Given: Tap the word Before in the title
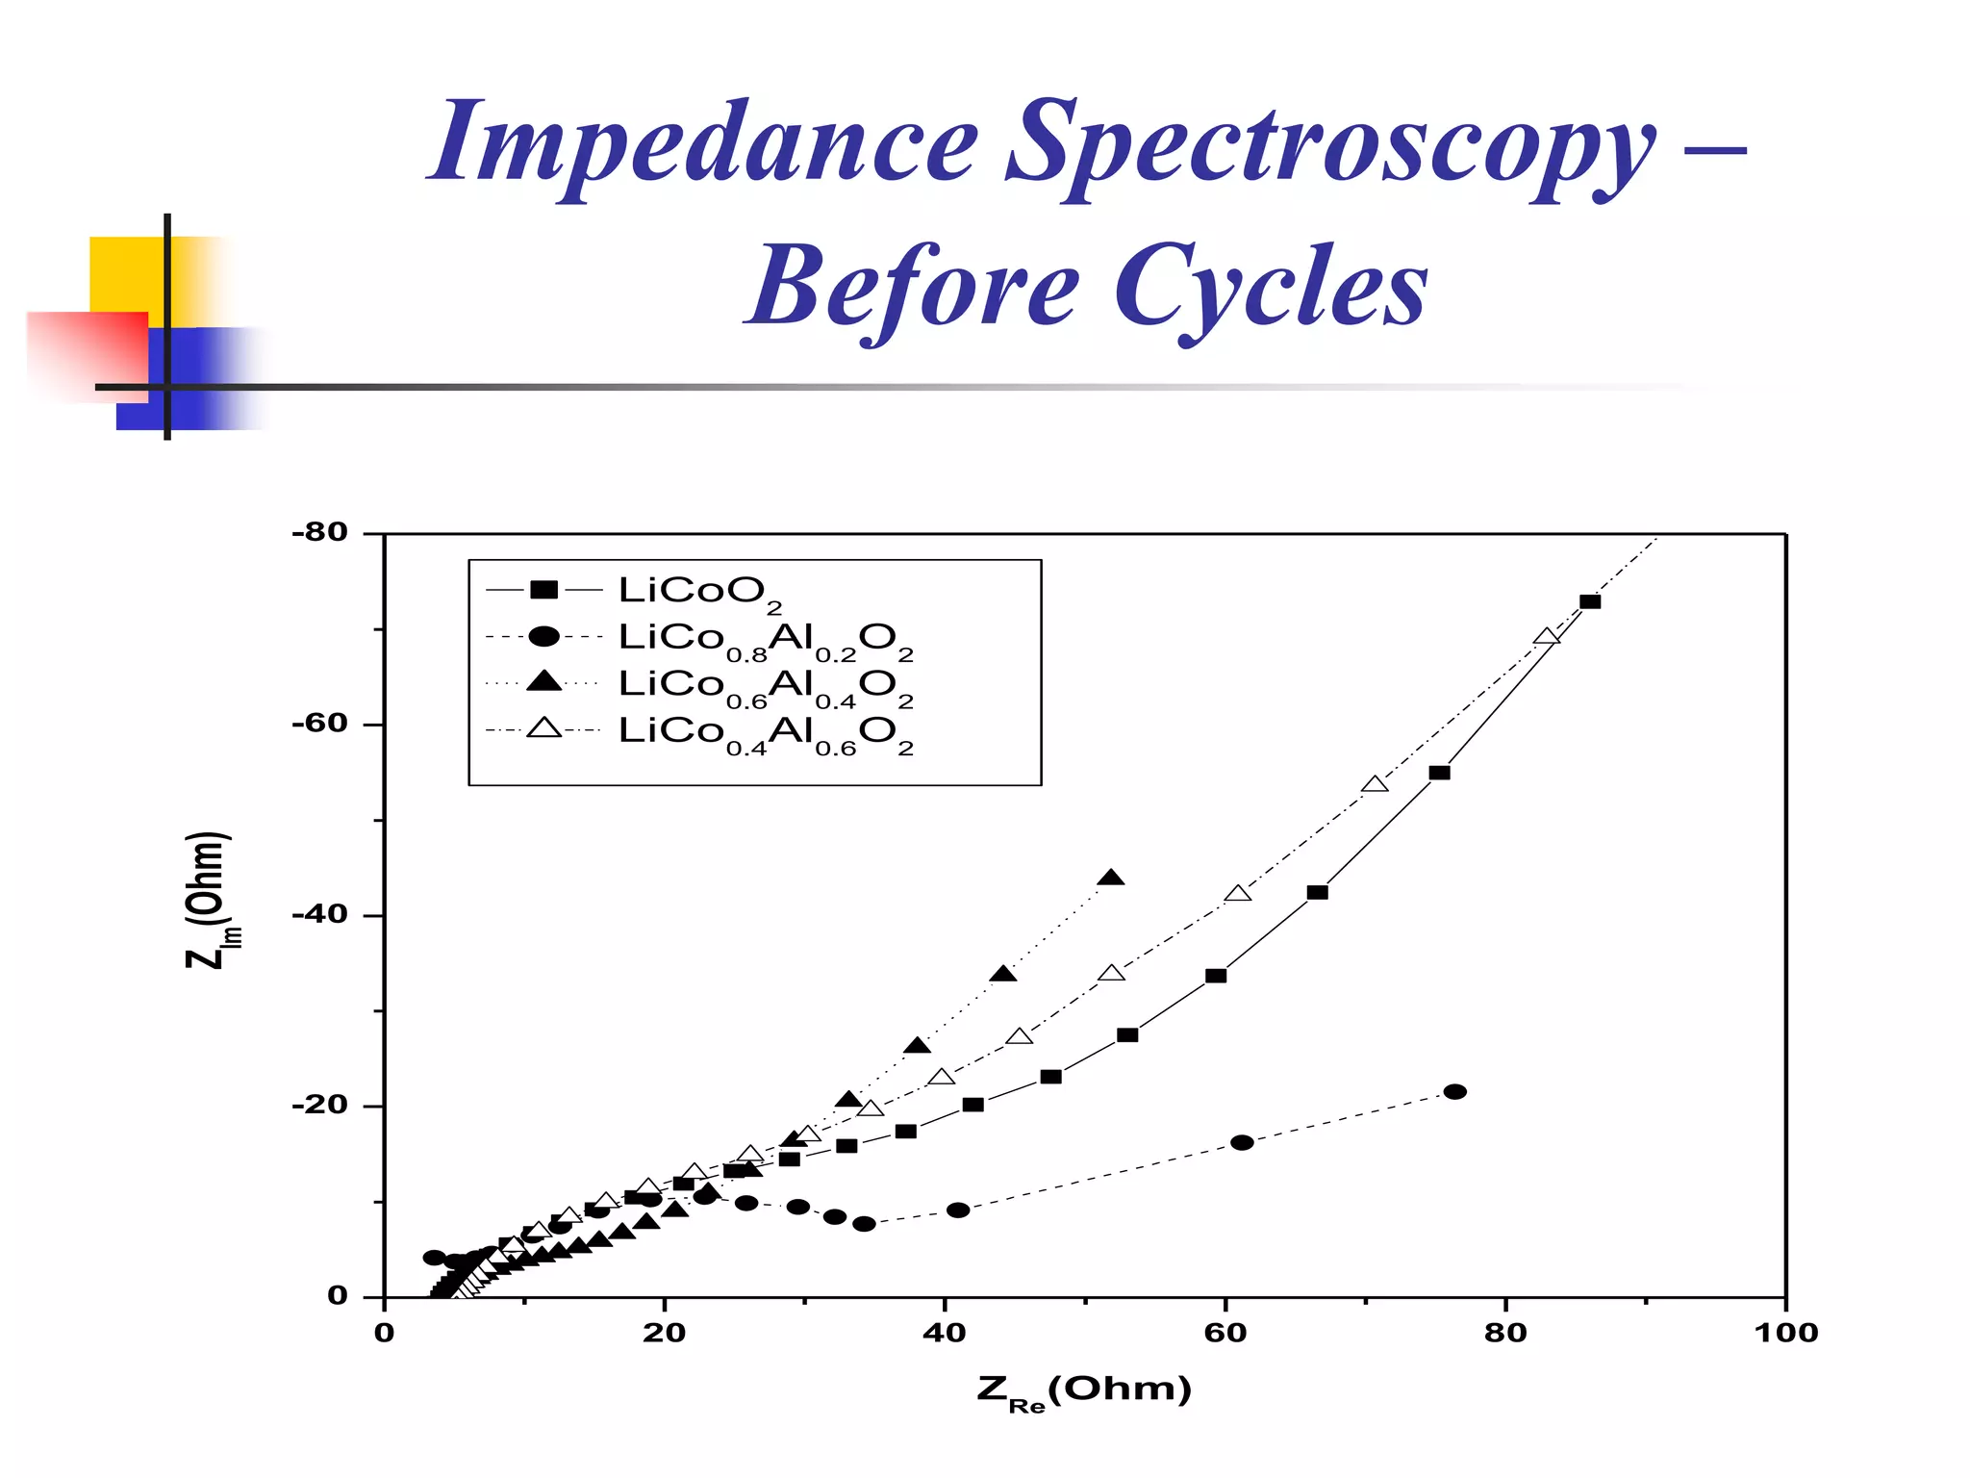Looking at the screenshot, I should click(x=914, y=289).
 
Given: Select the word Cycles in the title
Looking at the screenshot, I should click(x=1270, y=289).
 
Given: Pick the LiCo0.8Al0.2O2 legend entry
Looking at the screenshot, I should click(x=765, y=639).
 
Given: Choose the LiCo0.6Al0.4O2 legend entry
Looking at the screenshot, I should click(x=765, y=685).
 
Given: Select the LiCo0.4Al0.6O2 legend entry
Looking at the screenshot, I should click(x=765, y=732).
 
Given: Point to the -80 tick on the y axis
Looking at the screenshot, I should click(x=319, y=532).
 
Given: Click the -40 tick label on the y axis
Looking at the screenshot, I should click(x=319, y=914).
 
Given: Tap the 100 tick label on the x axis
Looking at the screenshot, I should click(x=1785, y=1333).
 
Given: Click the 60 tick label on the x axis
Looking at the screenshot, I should click(x=1225, y=1333).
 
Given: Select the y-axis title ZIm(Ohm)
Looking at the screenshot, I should click(x=207, y=900).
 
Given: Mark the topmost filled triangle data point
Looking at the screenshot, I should click(x=1111, y=878).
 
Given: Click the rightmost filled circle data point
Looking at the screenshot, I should click(x=1455, y=1091).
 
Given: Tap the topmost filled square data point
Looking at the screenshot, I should click(x=1590, y=601).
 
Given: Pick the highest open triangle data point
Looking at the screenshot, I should click(x=1547, y=637).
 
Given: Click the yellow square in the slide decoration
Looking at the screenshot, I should click(x=125, y=274).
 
